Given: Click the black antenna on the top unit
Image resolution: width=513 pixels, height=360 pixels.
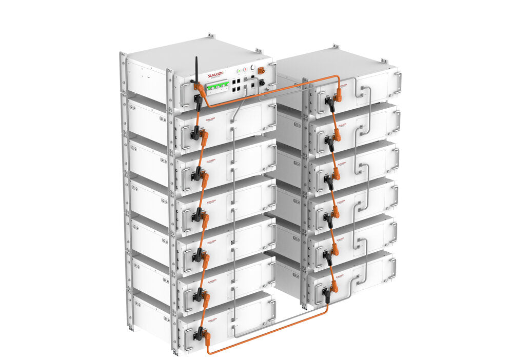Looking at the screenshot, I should tap(196, 69).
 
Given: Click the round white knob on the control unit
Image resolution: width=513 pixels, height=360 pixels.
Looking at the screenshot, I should tap(252, 67).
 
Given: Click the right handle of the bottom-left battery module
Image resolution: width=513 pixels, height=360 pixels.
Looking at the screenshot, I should tap(271, 310).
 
